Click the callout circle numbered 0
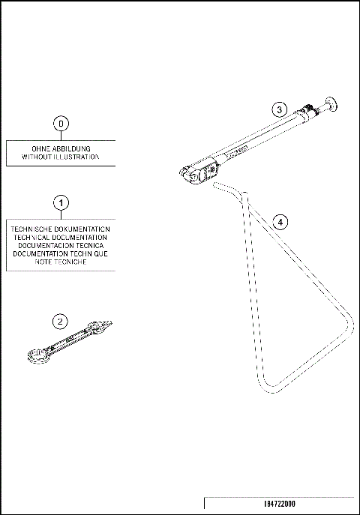61,122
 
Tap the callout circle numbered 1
61,202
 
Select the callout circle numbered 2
61,321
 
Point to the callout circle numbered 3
278,109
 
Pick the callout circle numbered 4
278,222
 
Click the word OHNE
43,148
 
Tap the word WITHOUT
37,157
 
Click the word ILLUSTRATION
77,157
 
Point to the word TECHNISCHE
34,229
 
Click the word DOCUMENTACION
44,245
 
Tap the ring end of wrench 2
35,358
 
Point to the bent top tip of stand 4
216,182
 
